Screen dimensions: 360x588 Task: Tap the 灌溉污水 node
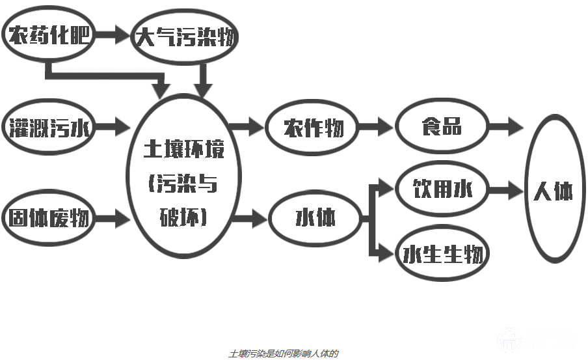(49, 127)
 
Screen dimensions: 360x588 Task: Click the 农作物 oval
(313, 128)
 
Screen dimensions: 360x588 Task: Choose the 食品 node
(442, 126)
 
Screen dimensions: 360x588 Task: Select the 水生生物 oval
(442, 253)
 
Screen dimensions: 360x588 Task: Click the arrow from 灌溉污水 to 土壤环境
(114, 127)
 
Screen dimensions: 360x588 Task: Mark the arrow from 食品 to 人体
(506, 126)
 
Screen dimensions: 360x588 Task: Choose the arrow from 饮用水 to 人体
(506, 191)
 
